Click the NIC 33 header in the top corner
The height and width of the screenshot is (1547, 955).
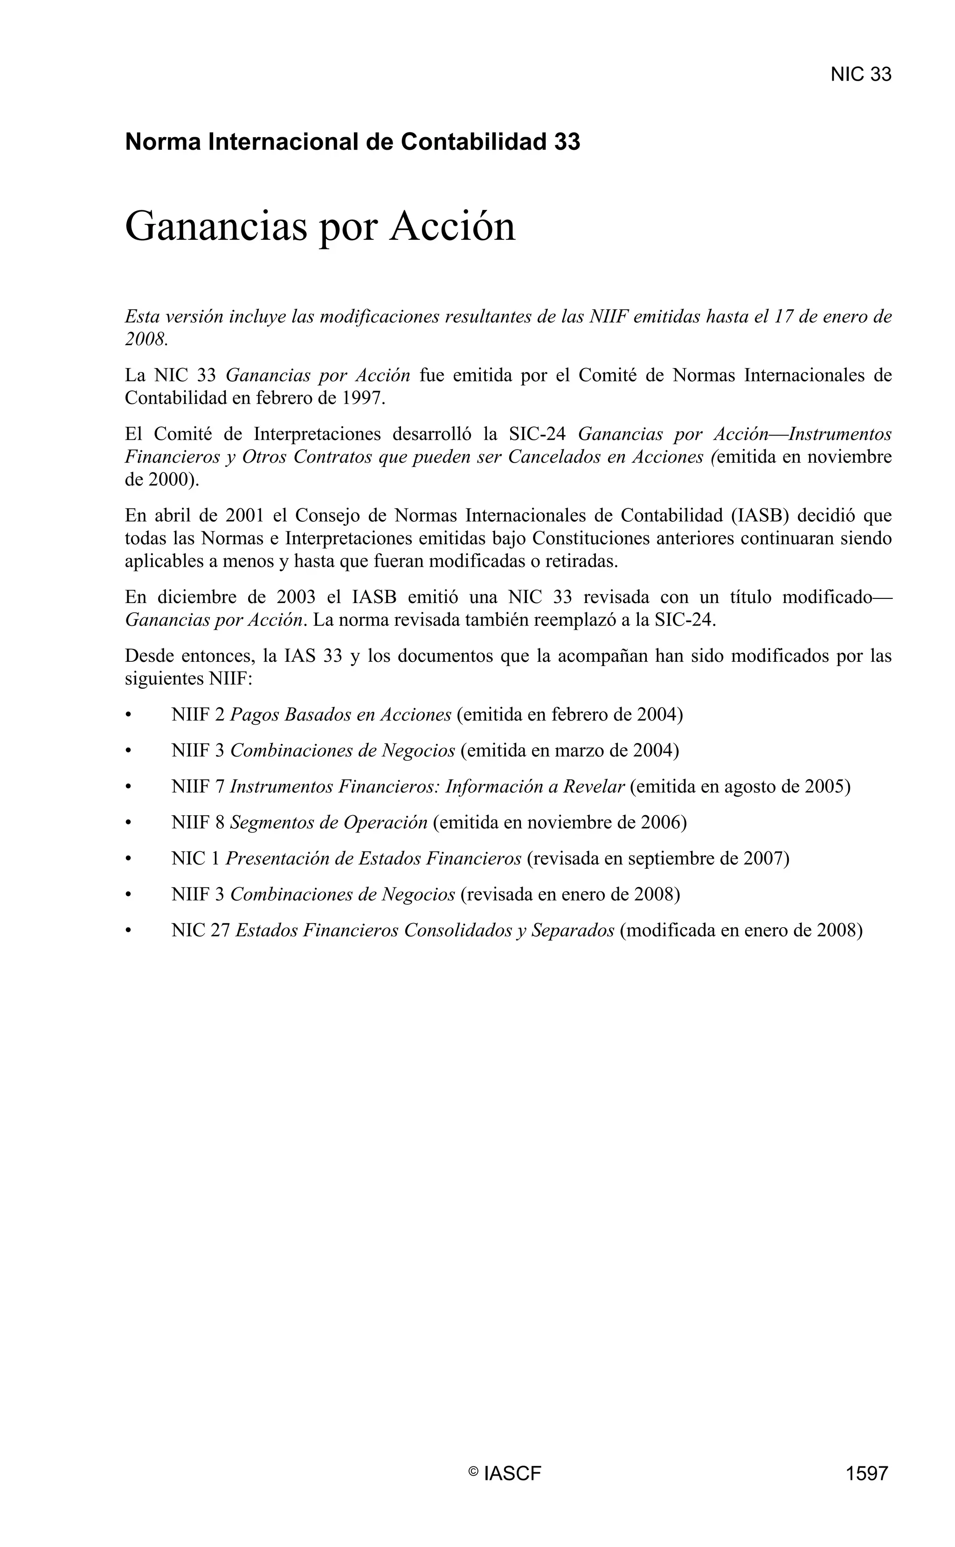pos(860,75)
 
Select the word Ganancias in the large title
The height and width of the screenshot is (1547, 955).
pos(215,226)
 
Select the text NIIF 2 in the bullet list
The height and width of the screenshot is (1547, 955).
pos(198,715)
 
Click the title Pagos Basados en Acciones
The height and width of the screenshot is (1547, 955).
pos(340,715)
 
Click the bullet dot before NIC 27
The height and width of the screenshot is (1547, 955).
pos(128,930)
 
